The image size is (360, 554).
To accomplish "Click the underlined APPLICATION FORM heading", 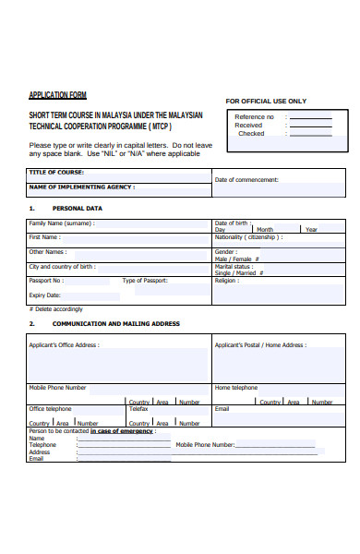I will [57, 95].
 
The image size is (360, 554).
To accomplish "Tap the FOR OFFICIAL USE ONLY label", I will [266, 101].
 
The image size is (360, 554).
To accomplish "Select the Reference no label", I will [254, 117].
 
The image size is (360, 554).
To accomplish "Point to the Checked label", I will [251, 133].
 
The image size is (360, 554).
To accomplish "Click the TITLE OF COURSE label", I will [56, 172].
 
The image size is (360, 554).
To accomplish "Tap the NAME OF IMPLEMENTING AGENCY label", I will [81, 187].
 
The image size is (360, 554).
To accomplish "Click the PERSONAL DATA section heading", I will [77, 209].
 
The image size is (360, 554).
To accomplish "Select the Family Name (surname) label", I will [61, 223].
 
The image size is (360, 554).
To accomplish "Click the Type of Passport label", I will [145, 280].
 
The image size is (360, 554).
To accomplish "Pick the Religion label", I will [227, 280].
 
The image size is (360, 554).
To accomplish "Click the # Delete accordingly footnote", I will [55, 308].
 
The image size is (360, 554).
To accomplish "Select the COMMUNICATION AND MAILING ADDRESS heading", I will [115, 324].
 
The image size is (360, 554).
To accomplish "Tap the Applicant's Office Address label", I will [64, 345].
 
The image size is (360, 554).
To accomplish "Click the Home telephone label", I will [236, 388].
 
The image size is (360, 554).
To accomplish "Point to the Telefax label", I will [138, 408].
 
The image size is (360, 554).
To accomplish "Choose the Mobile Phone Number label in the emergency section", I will [205, 444].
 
